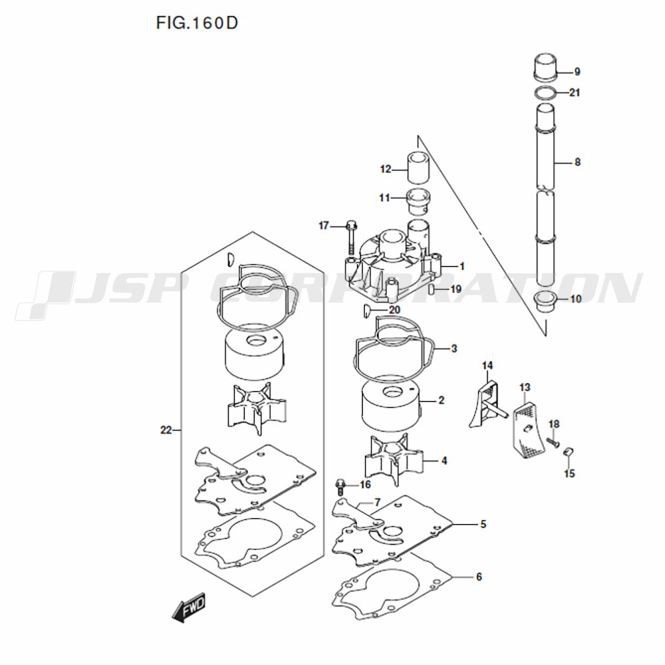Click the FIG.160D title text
point(197,24)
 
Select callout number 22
point(166,430)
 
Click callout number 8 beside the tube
point(577,162)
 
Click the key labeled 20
point(368,310)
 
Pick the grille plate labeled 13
point(529,422)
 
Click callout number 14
point(487,365)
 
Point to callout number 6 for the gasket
point(478,577)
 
